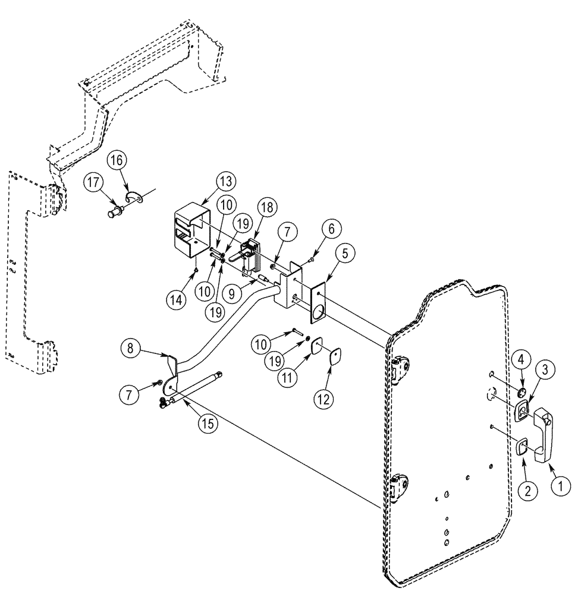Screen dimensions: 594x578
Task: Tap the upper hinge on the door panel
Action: point(401,368)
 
